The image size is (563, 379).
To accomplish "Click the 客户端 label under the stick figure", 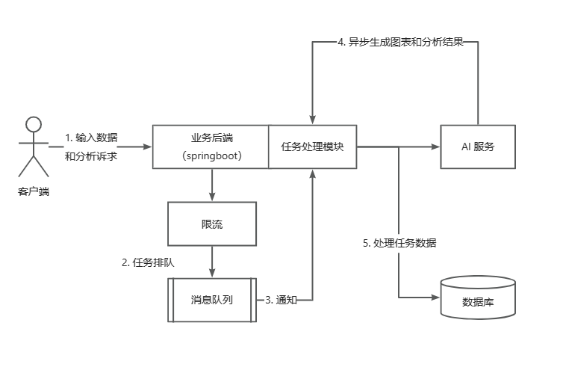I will tap(33, 191).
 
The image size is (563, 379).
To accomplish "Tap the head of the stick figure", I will tap(33, 124).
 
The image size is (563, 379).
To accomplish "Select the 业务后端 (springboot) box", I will tap(211, 147).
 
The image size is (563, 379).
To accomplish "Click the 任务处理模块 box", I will tap(312, 147).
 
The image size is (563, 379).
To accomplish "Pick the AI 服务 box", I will tap(478, 147).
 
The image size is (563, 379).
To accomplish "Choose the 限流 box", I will tap(212, 224).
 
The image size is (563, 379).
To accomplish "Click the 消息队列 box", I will tap(212, 300).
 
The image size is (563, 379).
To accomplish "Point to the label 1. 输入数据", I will tap(91, 138).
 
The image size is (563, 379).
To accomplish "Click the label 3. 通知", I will tap(281, 300).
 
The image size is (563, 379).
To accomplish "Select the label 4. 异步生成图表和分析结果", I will tap(400, 43).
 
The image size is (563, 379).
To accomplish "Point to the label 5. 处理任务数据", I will tap(399, 243).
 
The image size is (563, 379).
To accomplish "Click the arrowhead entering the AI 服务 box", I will tap(435, 147).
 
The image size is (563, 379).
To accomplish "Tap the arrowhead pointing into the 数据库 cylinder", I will tap(435, 298).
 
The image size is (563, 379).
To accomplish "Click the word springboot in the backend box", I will tap(211, 155).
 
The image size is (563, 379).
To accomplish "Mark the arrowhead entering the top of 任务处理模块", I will tap(312, 121).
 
